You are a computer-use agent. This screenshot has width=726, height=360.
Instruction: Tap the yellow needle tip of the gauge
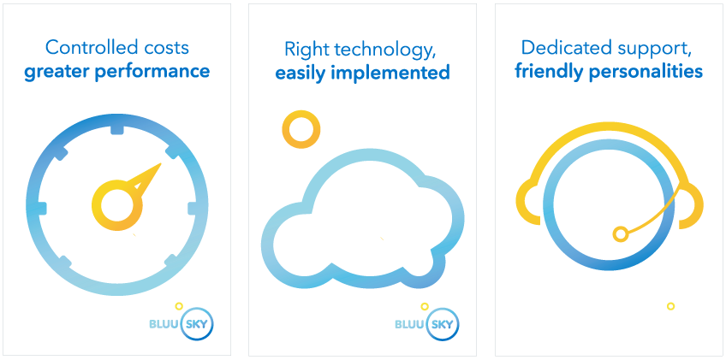tap(161, 164)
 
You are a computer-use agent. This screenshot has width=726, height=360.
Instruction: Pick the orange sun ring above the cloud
tap(301, 130)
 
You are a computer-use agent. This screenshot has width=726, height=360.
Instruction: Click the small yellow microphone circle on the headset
tap(621, 234)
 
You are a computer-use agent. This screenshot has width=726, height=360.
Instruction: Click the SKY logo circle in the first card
tap(198, 323)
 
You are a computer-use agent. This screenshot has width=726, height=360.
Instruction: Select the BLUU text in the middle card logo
tap(410, 324)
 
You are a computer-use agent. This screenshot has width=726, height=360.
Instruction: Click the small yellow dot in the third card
tap(670, 306)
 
